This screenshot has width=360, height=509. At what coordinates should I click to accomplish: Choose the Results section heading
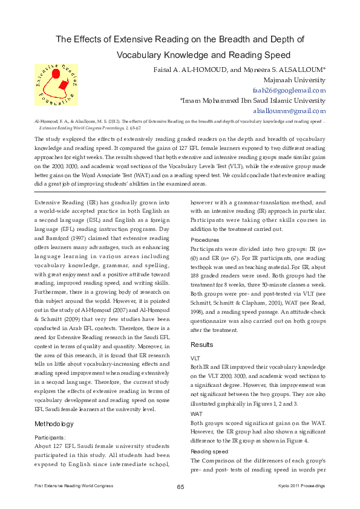[202, 344]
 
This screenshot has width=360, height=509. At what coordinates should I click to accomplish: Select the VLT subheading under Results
[196, 357]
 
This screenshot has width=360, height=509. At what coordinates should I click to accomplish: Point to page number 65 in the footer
[180, 487]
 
